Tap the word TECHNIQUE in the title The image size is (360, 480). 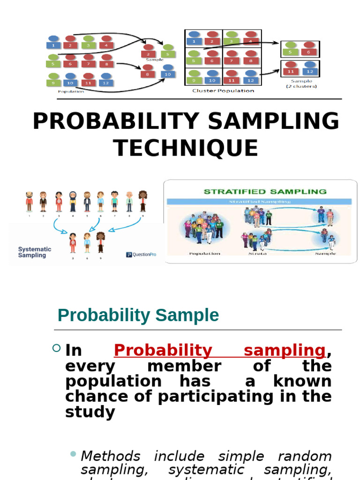tap(186, 148)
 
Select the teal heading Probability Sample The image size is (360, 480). tap(138, 315)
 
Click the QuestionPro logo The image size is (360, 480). tap(142, 255)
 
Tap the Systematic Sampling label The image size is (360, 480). tap(35, 252)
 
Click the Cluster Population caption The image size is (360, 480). tap(223, 91)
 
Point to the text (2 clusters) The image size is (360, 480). tap(301, 86)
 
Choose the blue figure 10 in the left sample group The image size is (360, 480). tap(167, 71)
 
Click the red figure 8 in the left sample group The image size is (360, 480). tap(148, 71)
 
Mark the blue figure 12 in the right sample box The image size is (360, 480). tap(309, 68)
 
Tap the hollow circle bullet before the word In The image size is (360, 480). tap(57, 348)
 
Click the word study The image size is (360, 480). tap(90, 412)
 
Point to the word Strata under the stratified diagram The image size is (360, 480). tap(254, 253)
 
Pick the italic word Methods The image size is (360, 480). tap(110, 456)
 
